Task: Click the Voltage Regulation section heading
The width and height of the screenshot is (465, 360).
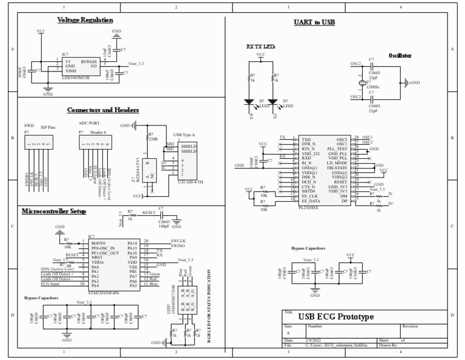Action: (x=85, y=20)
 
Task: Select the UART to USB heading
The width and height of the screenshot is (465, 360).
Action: (x=309, y=22)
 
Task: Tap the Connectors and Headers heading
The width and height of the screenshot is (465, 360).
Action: (x=102, y=110)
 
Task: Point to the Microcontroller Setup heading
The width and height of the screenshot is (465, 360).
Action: (x=54, y=212)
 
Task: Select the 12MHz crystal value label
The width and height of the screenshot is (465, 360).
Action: (x=373, y=87)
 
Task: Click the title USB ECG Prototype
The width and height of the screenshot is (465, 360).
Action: (x=335, y=317)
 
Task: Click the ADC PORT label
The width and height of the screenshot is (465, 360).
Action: (x=88, y=123)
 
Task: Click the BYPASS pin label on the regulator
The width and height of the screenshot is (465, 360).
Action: (x=90, y=62)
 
